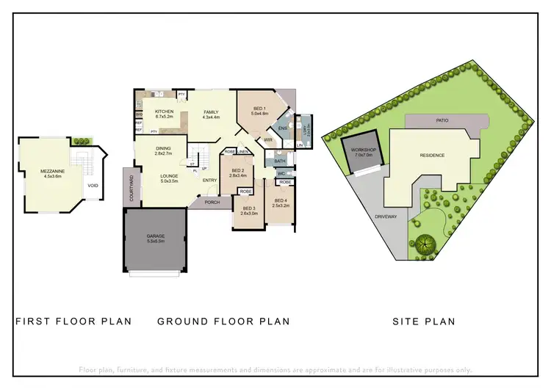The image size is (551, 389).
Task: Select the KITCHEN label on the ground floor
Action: click(x=164, y=112)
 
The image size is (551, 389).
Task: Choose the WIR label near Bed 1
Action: click(x=269, y=139)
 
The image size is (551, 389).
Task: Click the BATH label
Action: click(x=280, y=161)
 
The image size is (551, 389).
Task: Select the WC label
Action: click(x=281, y=174)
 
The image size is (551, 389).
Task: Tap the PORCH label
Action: click(x=212, y=203)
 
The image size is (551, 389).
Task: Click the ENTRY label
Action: click(x=210, y=181)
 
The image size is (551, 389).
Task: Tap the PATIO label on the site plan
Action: click(x=442, y=120)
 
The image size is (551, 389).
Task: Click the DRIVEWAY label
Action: click(x=386, y=217)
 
